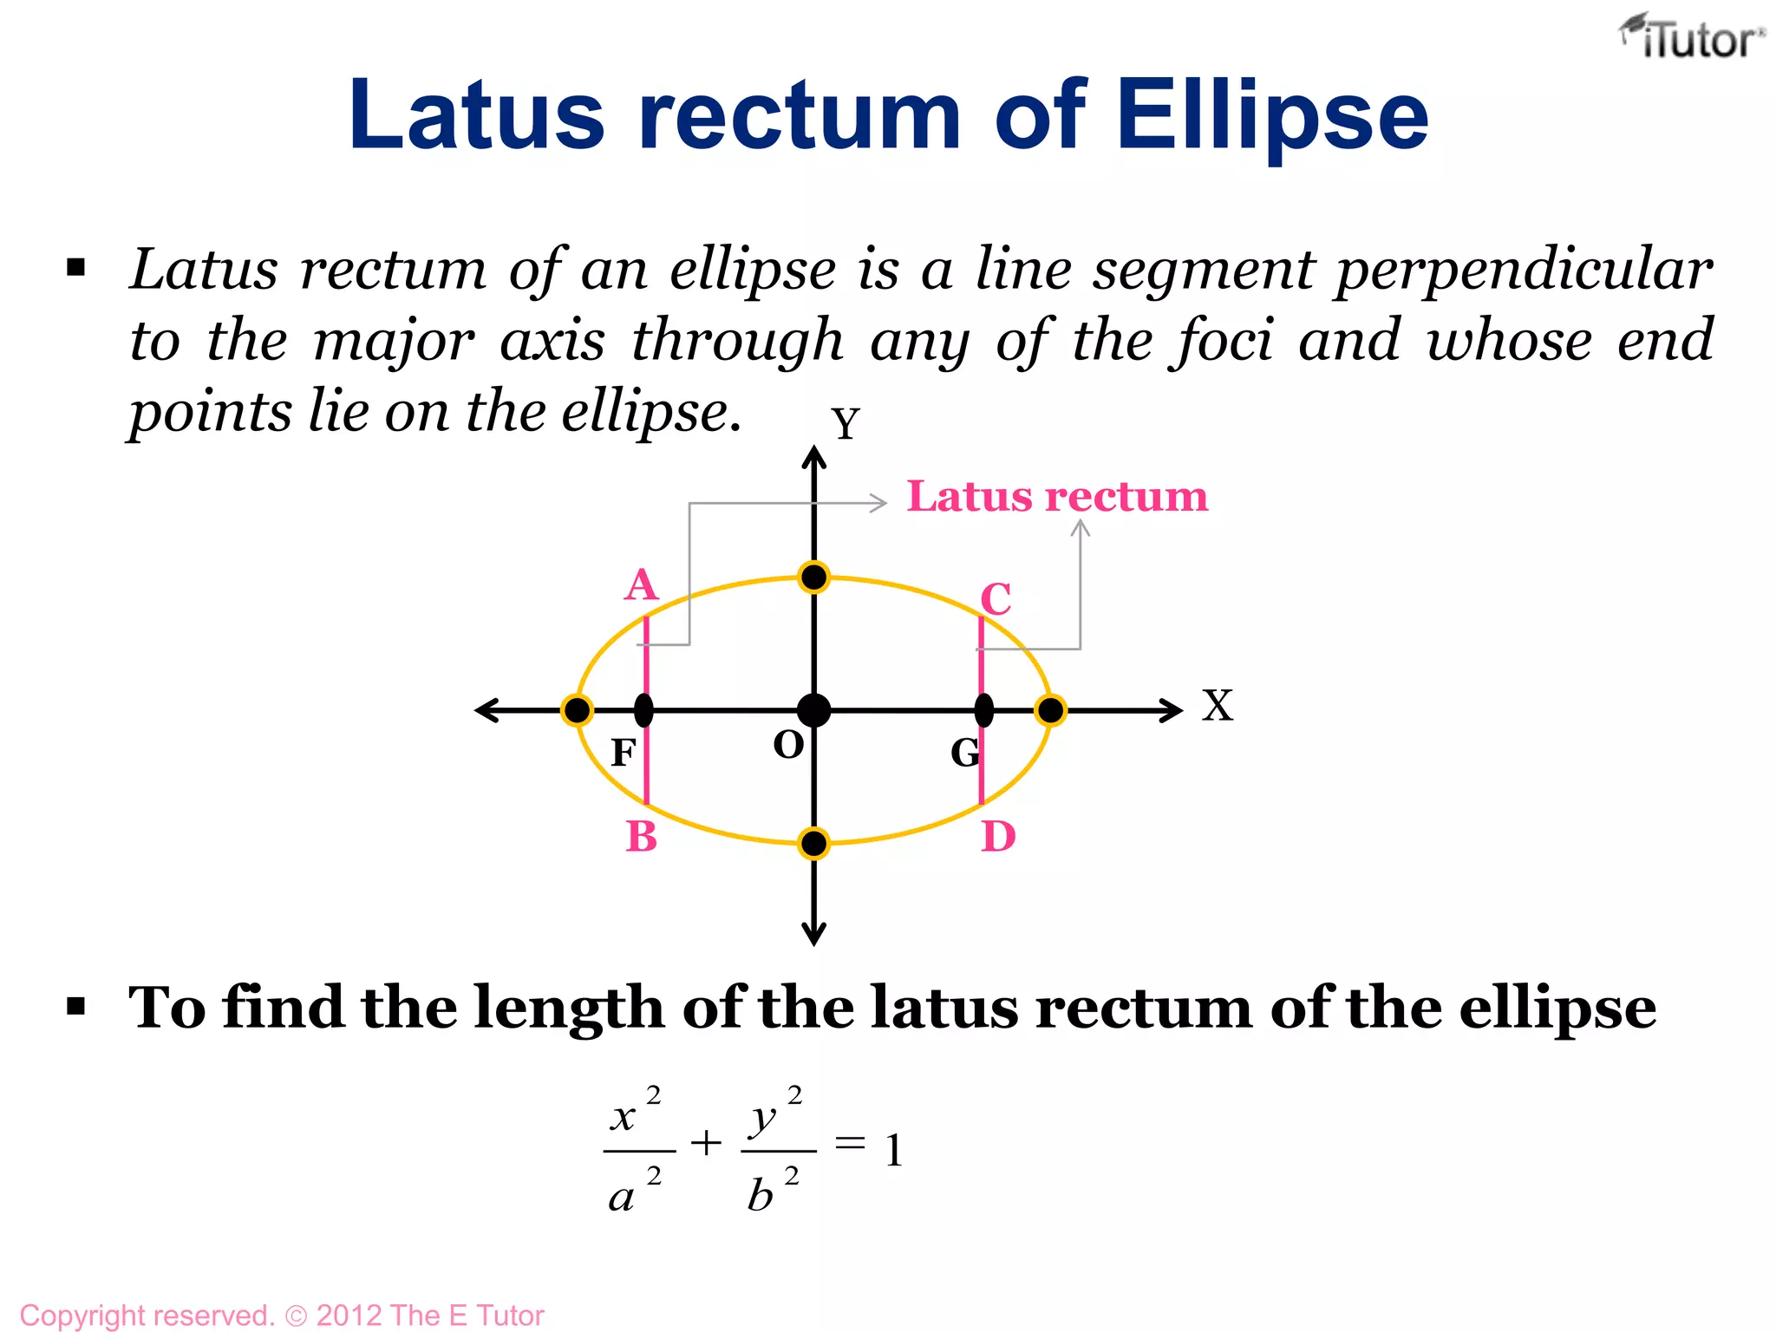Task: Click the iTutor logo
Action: pyautogui.click(x=1691, y=38)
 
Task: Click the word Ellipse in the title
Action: pyautogui.click(x=1272, y=116)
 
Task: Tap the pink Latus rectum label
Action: pyautogui.click(x=1057, y=497)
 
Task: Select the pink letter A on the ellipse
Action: pyautogui.click(x=642, y=586)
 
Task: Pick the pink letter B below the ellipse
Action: pyautogui.click(x=642, y=837)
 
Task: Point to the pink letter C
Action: pyautogui.click(x=996, y=599)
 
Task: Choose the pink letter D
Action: pyautogui.click(x=998, y=837)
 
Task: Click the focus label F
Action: pyautogui.click(x=623, y=753)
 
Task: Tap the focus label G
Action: pyautogui.click(x=965, y=753)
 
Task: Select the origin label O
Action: pyautogui.click(x=788, y=745)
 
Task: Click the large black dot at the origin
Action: pyautogui.click(x=813, y=710)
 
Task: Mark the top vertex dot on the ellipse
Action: pyautogui.click(x=813, y=578)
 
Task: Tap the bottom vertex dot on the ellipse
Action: pyautogui.click(x=813, y=843)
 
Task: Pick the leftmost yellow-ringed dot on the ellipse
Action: pyautogui.click(x=577, y=710)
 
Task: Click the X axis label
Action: pyautogui.click(x=1217, y=706)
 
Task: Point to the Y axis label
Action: pyautogui.click(x=846, y=425)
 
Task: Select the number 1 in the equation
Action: pyautogui.click(x=894, y=1152)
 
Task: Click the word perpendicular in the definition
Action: pyautogui.click(x=1524, y=271)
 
